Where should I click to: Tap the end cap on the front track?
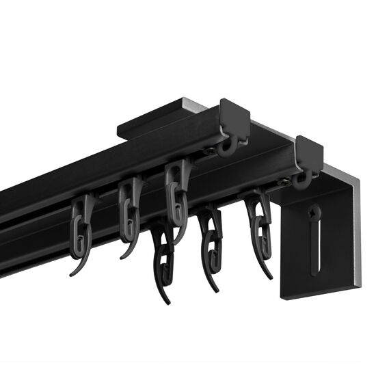[x=309, y=153]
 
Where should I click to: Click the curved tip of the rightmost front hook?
[x=271, y=273]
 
